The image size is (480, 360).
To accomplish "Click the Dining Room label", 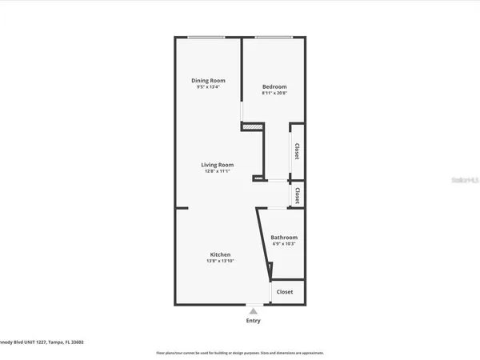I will tap(208, 80).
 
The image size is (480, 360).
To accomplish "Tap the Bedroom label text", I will tap(274, 86).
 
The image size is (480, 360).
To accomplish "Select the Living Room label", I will tap(217, 164).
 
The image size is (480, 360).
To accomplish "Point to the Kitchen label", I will tap(220, 254).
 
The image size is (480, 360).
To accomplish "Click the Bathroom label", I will tap(284, 238).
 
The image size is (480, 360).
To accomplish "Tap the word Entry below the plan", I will tap(253, 321).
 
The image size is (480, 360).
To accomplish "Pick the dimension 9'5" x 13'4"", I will tap(208, 87).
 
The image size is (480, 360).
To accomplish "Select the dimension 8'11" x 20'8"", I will tap(274, 94).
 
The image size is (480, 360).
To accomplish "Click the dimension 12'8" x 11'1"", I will tap(217, 171).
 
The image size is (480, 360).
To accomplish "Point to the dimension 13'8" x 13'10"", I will tap(220, 262).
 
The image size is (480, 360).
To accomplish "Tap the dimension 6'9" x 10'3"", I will tap(284, 245).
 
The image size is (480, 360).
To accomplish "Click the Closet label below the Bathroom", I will tap(285, 292).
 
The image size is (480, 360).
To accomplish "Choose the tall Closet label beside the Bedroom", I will tap(297, 151).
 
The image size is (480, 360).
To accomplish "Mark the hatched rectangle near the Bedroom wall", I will tap(253, 126).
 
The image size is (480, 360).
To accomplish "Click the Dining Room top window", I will tap(207, 37).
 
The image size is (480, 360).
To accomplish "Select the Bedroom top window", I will tap(273, 37).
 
